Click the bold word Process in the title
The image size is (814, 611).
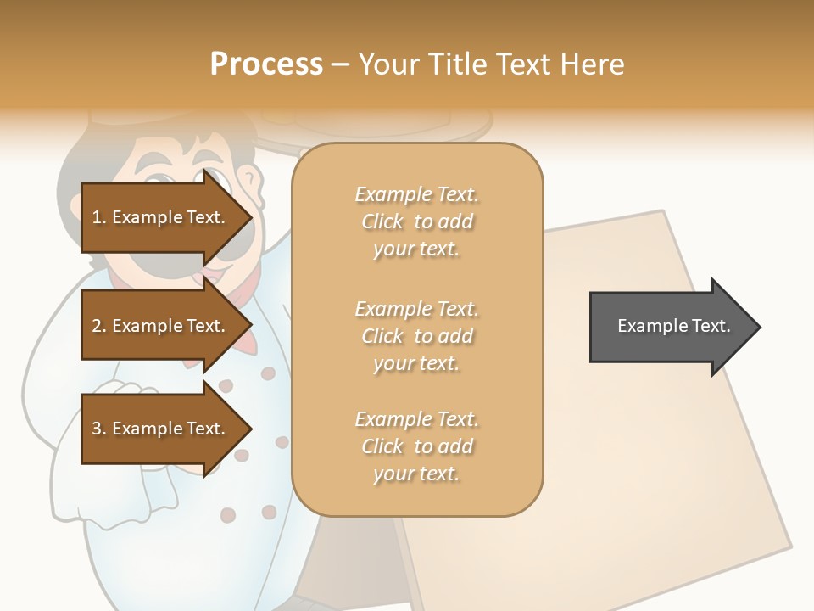pyautogui.click(x=266, y=64)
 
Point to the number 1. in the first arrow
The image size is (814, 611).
pyautogui.click(x=98, y=217)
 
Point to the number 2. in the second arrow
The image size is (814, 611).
pyautogui.click(x=98, y=326)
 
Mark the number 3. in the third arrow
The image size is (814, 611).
pyautogui.click(x=98, y=429)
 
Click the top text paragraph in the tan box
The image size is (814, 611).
pyautogui.click(x=416, y=221)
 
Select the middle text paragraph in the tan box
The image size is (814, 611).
pyautogui.click(x=416, y=335)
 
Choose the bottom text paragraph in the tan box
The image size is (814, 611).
pyautogui.click(x=416, y=446)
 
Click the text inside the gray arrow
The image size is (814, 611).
pyautogui.click(x=673, y=326)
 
